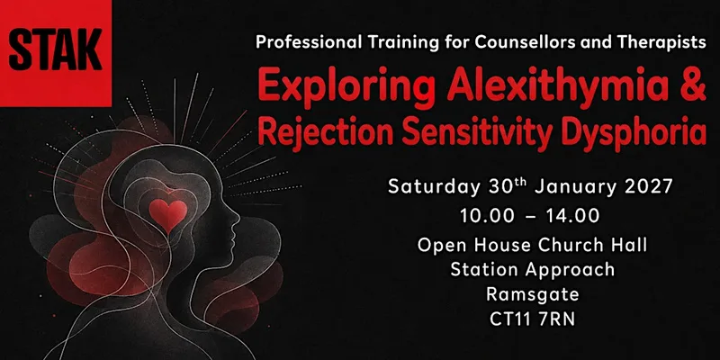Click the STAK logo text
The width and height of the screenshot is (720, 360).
point(55,49)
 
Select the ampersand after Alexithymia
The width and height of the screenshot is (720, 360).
point(693,85)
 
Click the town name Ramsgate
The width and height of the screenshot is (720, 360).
point(533,295)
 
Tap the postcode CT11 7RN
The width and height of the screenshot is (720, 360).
point(533,319)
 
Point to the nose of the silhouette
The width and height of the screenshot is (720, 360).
point(237,223)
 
